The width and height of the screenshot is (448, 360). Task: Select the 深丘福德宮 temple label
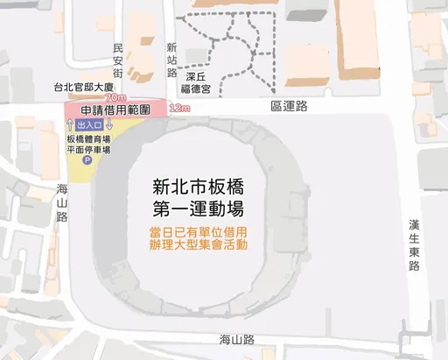click(x=197, y=81)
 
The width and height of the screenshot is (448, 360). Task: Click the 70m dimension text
click(x=115, y=97)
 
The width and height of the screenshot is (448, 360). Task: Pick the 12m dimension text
click(x=179, y=109)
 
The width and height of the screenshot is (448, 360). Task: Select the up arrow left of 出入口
click(x=68, y=126)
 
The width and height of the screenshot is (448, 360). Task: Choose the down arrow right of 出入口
click(x=108, y=126)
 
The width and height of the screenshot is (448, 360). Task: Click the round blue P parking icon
click(x=87, y=160)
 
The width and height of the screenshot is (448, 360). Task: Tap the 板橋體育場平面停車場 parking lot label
click(x=88, y=145)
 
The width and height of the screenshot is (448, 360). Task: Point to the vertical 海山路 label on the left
click(x=62, y=202)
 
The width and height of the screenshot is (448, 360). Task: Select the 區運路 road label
click(x=290, y=106)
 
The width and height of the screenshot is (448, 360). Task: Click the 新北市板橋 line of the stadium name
click(x=197, y=187)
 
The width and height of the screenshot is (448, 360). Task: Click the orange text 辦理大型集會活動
click(x=197, y=245)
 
